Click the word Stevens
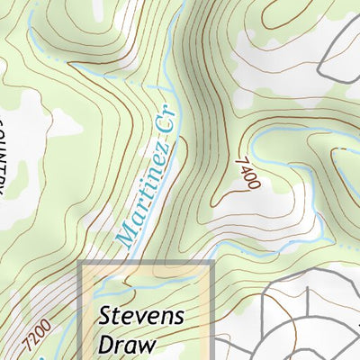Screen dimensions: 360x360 pyautogui.click(x=141, y=317)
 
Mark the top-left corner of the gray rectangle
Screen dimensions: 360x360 pyautogui.click(x=82, y=263)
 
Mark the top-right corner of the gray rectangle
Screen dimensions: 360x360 pyautogui.click(x=212, y=263)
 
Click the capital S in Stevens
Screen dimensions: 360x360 pyautogui.click(x=104, y=317)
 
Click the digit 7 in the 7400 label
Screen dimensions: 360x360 pyautogui.click(x=240, y=160)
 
